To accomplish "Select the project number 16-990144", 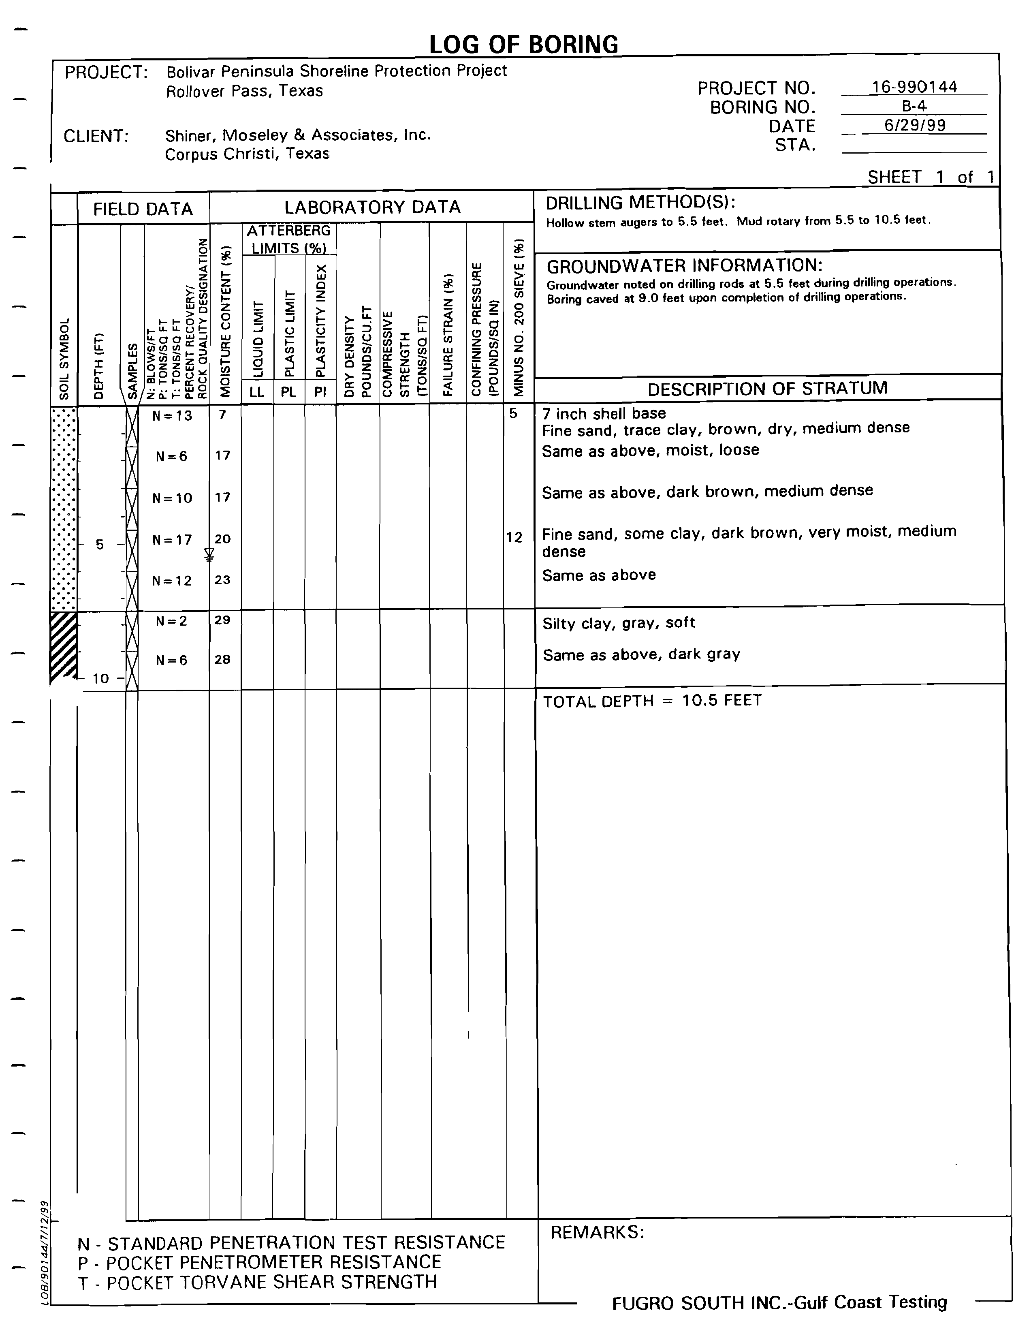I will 914,87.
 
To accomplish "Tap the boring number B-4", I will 914,106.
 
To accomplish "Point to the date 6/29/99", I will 914,125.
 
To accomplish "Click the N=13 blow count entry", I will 172,416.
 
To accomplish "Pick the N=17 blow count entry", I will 172,540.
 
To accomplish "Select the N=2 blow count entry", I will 172,621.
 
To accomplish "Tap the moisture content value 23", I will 222,579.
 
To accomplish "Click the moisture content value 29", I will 222,620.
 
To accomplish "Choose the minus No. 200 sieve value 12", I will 514,537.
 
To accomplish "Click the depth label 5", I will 100,544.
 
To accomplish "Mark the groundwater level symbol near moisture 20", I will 209,555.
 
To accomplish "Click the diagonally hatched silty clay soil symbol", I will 64,646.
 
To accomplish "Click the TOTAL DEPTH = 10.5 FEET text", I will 652,701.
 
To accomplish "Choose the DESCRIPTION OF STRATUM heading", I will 767,389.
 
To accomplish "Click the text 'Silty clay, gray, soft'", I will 619,623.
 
